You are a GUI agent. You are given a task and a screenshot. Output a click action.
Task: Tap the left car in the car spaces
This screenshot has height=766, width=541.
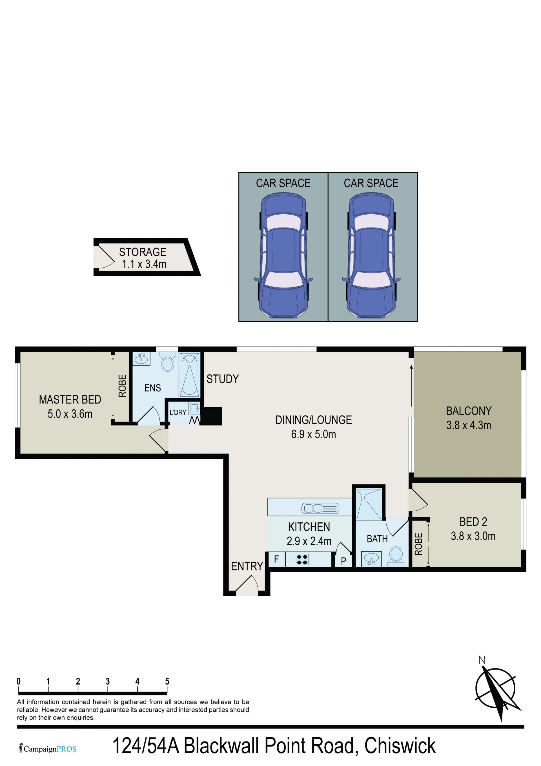click(x=283, y=255)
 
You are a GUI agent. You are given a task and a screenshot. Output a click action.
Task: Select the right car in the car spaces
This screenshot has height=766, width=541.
click(x=371, y=255)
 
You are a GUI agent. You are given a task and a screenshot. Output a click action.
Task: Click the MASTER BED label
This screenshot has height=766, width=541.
click(x=70, y=399)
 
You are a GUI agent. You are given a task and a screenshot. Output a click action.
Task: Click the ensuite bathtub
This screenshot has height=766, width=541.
click(x=189, y=375)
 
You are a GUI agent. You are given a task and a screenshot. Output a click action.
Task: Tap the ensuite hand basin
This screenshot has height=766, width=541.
click(x=142, y=359)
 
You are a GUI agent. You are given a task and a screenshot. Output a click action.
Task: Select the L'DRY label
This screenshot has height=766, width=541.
click(x=178, y=412)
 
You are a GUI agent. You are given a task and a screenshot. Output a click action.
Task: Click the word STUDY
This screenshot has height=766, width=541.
click(x=223, y=379)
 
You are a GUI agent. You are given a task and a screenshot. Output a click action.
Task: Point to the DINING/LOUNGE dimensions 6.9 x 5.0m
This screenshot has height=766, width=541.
click(x=314, y=434)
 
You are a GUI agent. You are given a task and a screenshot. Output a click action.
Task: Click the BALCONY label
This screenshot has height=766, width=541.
click(x=469, y=411)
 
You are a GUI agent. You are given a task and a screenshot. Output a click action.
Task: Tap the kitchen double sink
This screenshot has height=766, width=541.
click(x=320, y=508)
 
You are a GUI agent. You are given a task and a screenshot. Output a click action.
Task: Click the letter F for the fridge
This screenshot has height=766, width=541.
click(x=276, y=559)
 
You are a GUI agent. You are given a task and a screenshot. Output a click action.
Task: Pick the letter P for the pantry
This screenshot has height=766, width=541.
click(x=343, y=561)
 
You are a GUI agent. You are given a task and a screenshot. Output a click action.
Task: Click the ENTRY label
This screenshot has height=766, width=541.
click(x=247, y=566)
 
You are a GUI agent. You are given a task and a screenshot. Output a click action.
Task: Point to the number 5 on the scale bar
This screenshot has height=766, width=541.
click(x=167, y=681)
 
